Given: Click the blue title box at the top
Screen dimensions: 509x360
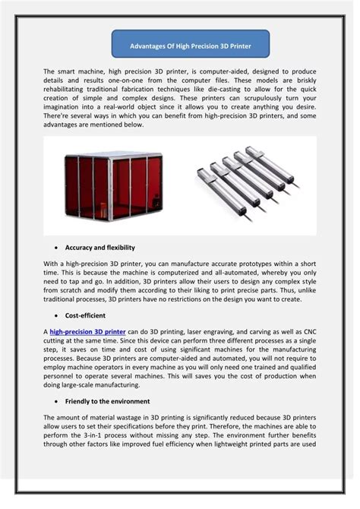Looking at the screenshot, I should (191, 45).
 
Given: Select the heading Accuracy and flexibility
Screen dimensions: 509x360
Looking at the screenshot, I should (99, 248).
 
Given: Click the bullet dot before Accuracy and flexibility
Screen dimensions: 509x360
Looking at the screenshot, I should (58, 248).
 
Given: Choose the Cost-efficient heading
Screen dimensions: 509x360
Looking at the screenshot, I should (84, 315).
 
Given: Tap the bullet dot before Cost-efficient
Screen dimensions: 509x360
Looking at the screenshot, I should (58, 315).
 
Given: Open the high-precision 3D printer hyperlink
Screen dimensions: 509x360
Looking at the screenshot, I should (88, 331).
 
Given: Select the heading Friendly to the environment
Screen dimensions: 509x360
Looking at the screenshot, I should (107, 400).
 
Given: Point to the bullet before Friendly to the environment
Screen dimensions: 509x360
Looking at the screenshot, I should (58, 400).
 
